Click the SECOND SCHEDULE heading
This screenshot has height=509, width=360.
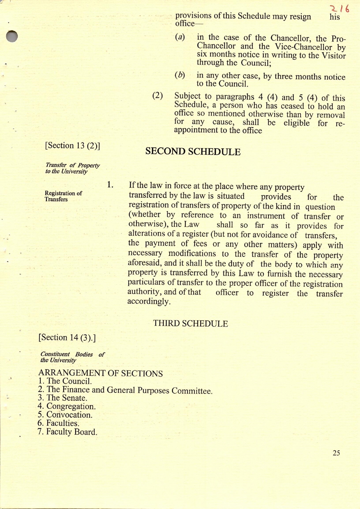[193, 152]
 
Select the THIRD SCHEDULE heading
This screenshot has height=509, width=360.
[190, 324]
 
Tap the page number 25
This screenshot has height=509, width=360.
[336, 453]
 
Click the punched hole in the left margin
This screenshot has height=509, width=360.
[12, 36]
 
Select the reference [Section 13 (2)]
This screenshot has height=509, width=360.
[73, 145]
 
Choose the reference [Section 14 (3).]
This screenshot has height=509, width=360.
[67, 338]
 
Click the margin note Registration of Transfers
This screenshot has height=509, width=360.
[63, 196]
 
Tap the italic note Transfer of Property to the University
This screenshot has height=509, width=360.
[72, 168]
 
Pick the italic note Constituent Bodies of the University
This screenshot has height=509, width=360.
[72, 357]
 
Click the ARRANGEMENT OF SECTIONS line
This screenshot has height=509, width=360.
[101, 374]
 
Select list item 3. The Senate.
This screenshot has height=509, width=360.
[63, 398]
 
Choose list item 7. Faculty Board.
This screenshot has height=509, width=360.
[67, 432]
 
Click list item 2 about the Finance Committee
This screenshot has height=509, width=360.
[125, 390]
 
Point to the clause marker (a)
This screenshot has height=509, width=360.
[180, 37]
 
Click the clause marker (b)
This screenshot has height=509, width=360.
[180, 75]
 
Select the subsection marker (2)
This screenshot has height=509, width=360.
[158, 96]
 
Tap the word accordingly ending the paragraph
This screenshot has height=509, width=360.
[149, 301]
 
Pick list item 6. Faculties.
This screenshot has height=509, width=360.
[58, 423]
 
